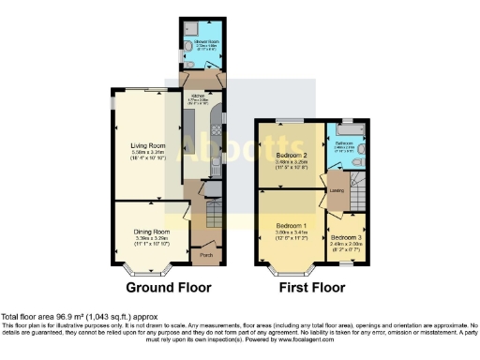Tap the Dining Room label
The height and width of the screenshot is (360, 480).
coord(151,231)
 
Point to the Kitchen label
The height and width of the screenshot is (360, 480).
coord(198,95)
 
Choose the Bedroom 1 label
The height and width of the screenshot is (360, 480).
coord(292,226)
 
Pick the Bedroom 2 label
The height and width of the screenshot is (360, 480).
coord(292,155)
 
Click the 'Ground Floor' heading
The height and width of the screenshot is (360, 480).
coord(169,287)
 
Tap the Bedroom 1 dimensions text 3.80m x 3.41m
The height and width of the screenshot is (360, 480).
coord(292,232)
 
